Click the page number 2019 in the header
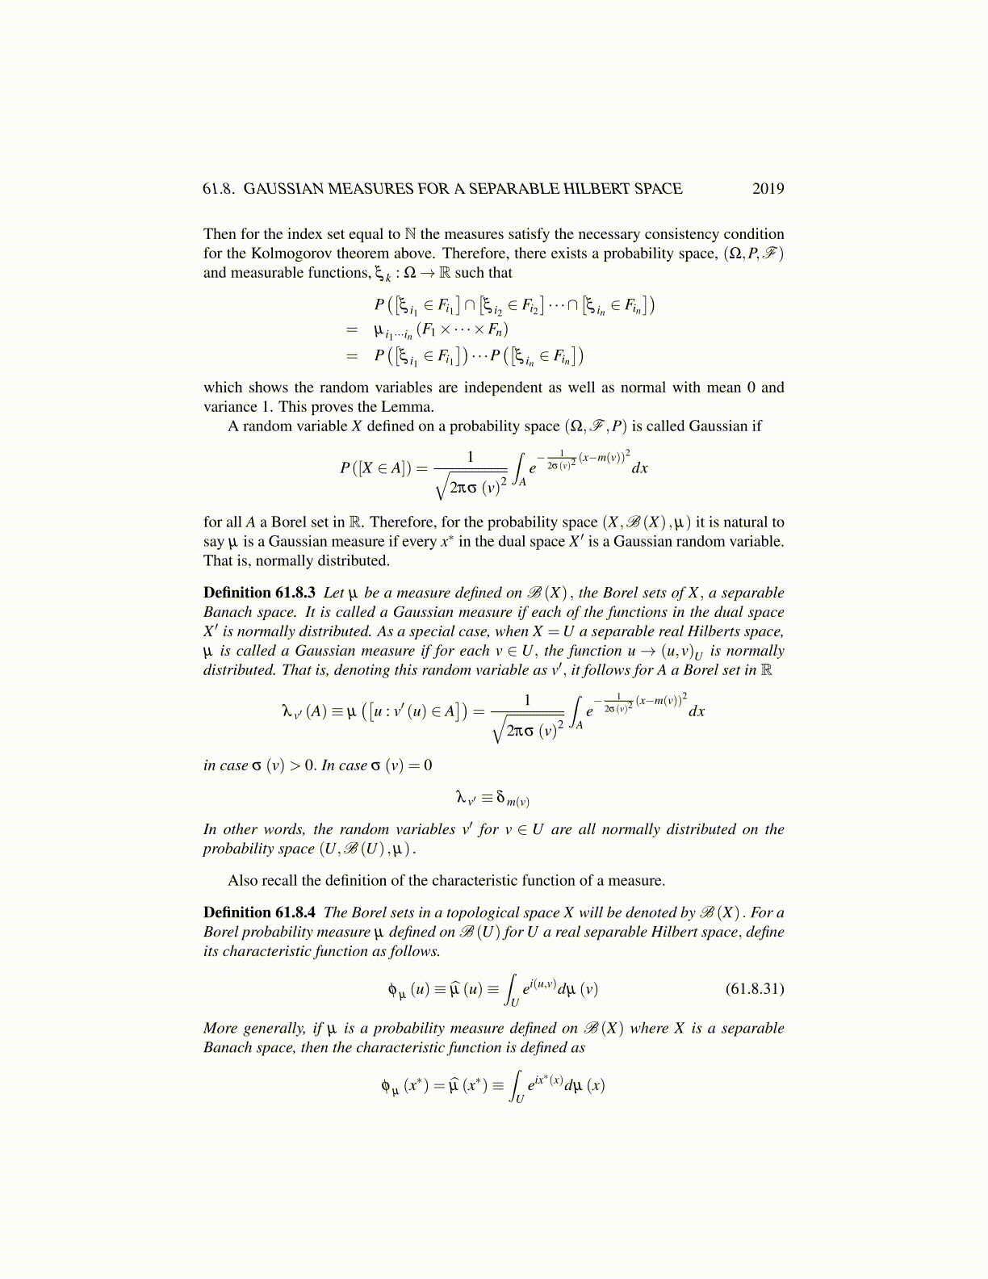(x=768, y=189)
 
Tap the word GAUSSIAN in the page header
(x=281, y=189)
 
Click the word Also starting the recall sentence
(x=242, y=880)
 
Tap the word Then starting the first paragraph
(x=220, y=234)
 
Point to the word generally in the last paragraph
(x=274, y=1029)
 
